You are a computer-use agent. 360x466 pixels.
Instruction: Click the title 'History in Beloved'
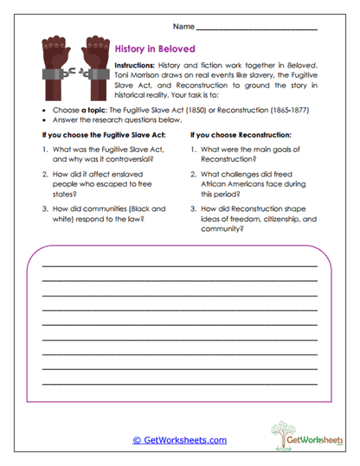155,49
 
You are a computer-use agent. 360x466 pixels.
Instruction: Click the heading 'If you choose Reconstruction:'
239,136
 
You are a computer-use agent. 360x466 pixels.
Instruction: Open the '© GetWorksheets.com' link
179,440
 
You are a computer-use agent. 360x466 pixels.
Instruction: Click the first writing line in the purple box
179,265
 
